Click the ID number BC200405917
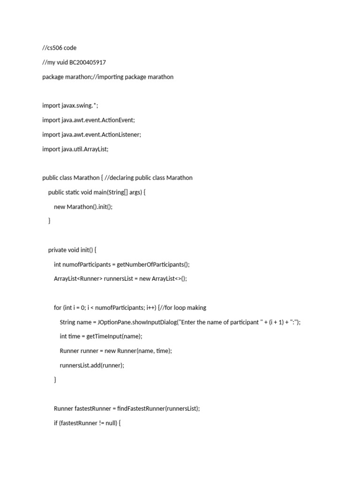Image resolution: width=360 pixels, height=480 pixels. [88, 62]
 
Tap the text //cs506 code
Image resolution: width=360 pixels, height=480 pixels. [59, 48]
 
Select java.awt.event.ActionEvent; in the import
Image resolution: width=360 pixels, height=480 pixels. [98, 120]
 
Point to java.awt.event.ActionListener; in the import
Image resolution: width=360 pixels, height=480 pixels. [101, 135]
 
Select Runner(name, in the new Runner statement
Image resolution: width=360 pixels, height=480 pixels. [142, 351]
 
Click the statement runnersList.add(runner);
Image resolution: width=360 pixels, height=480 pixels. [92, 365]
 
